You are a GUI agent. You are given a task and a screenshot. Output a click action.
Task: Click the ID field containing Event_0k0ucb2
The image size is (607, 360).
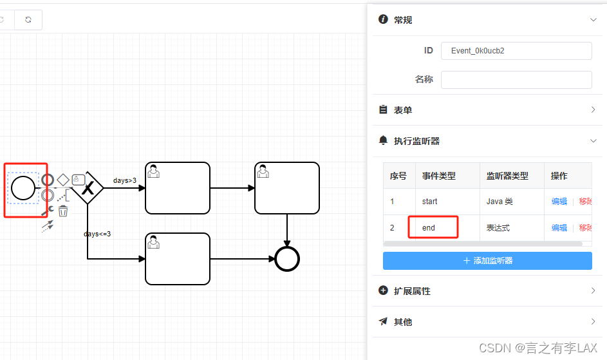click(x=516, y=51)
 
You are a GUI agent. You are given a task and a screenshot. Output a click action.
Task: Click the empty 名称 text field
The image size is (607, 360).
click(x=516, y=80)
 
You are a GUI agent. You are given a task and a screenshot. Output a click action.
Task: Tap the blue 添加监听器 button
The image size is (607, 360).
click(x=487, y=261)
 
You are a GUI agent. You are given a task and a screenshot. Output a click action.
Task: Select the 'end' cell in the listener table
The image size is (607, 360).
click(x=429, y=228)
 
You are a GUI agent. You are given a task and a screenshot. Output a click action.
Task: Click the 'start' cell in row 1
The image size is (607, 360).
click(x=429, y=202)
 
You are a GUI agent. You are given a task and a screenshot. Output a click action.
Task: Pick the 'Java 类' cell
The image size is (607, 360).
click(x=500, y=202)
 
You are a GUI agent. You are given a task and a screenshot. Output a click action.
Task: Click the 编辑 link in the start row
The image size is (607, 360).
click(x=559, y=202)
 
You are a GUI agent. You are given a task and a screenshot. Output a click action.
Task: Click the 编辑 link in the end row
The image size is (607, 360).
click(x=559, y=228)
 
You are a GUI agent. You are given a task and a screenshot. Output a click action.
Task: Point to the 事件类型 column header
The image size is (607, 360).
click(x=439, y=176)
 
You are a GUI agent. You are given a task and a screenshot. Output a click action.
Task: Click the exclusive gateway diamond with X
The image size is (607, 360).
click(x=88, y=187)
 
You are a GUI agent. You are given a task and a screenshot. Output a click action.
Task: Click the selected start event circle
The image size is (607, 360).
click(x=23, y=187)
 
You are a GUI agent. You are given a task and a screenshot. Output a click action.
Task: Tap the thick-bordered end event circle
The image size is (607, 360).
click(x=287, y=259)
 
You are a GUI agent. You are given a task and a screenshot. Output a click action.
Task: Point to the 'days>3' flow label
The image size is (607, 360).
click(x=125, y=180)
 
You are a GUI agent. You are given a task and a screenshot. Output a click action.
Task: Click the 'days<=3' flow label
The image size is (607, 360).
click(x=97, y=234)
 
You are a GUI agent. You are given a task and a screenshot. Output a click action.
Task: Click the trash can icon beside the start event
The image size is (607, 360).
click(x=63, y=211)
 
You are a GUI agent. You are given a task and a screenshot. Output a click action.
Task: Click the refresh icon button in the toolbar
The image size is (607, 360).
click(x=28, y=20)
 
